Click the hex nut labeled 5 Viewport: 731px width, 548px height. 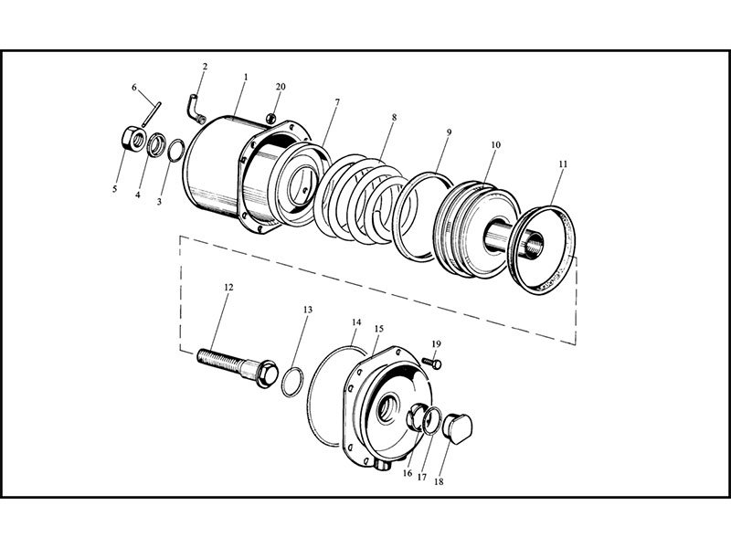[133, 139]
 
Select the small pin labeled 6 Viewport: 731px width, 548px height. [152, 114]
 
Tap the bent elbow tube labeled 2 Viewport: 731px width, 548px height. [196, 110]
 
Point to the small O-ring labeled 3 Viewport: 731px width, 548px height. [175, 151]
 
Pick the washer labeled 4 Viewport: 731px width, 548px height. [156, 145]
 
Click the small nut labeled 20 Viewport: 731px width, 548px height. [271, 119]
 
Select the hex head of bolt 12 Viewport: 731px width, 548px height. [266, 373]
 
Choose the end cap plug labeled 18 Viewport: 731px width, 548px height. [458, 427]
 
